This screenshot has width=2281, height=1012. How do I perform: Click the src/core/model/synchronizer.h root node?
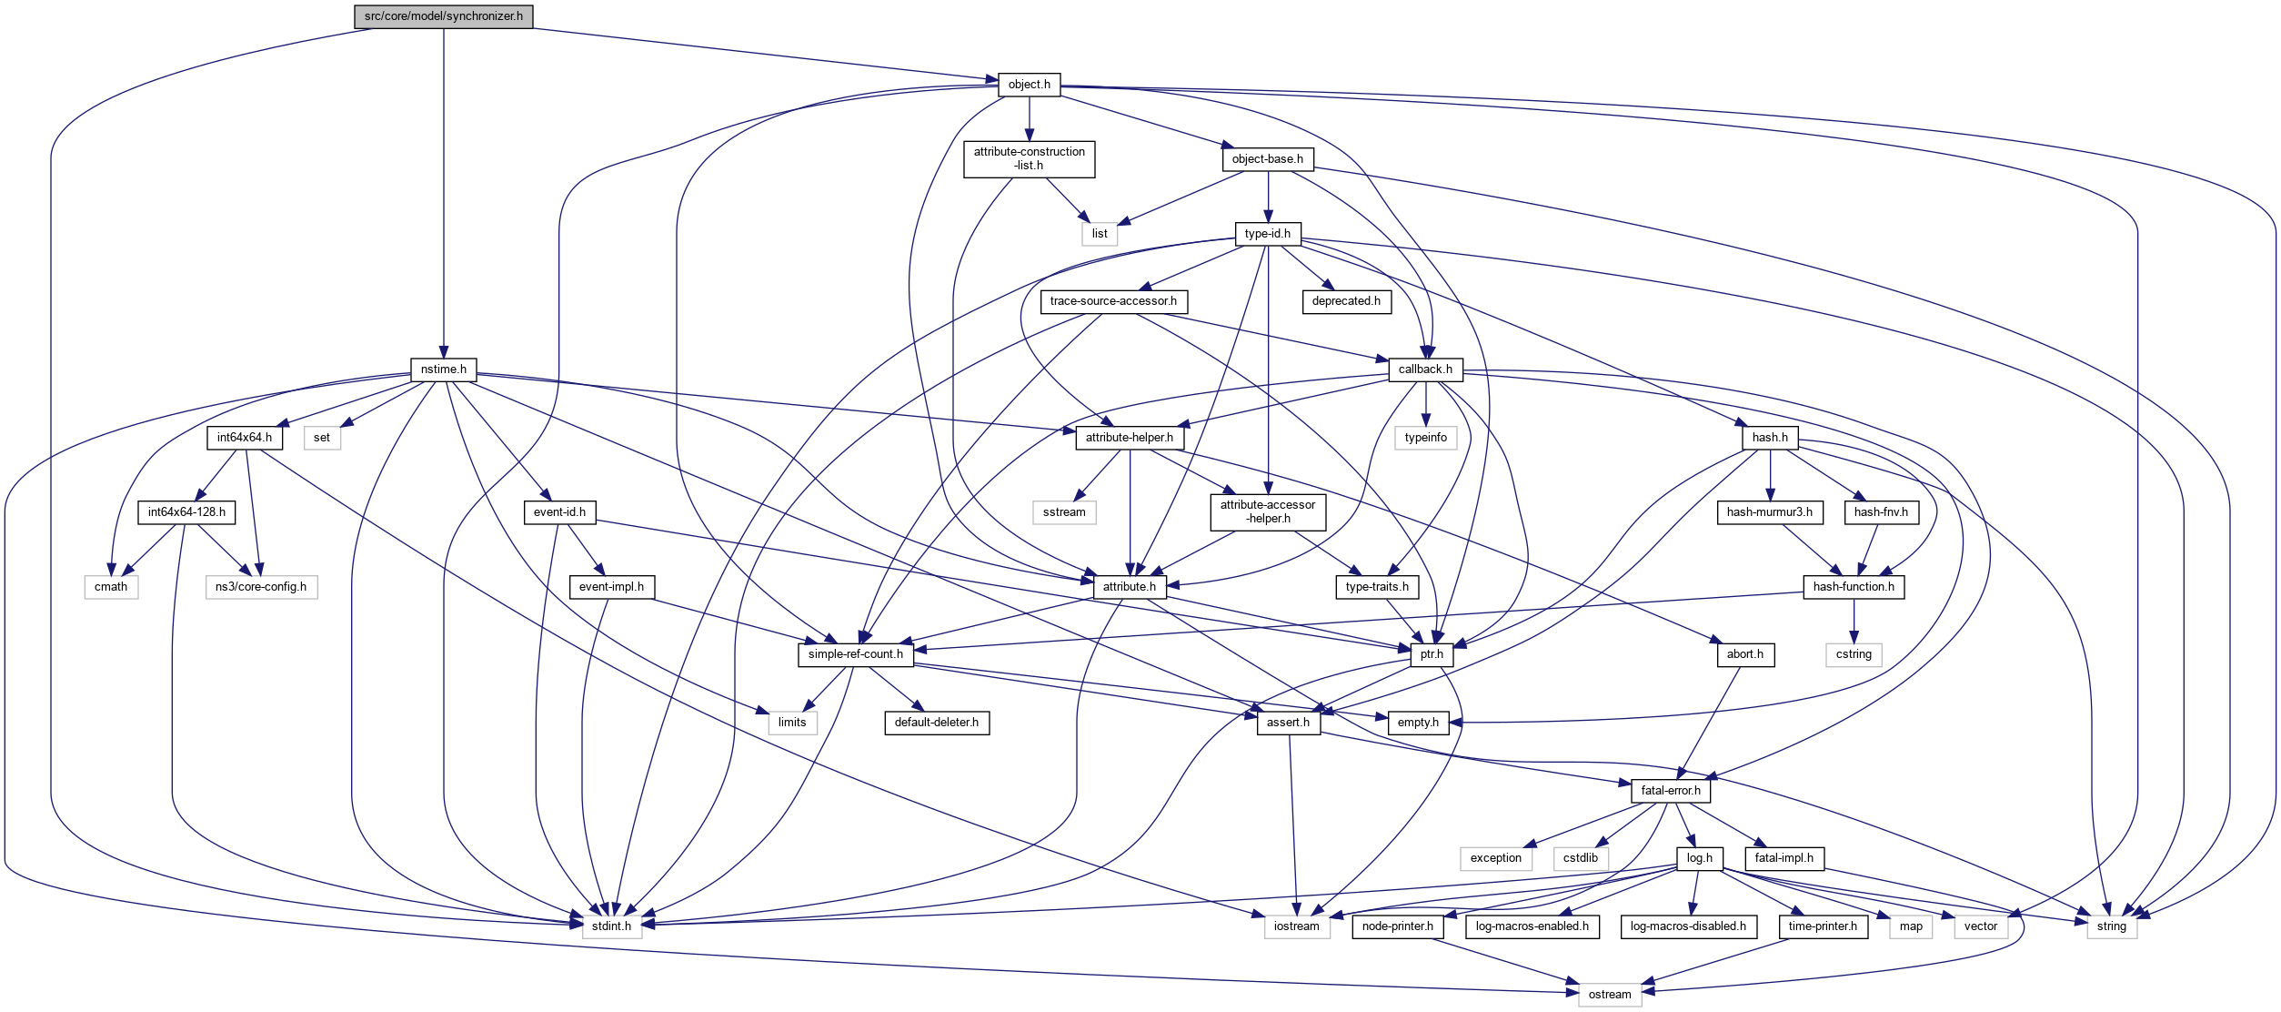coord(443,16)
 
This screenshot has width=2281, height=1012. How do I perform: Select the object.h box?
coord(1029,85)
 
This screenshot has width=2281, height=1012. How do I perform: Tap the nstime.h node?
coord(443,369)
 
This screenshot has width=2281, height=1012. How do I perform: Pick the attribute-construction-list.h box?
coord(1029,158)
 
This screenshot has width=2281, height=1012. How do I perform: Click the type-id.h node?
coord(1267,234)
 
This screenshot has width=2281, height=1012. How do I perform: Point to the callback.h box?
coord(1425,369)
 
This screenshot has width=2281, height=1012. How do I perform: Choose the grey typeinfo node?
coord(1425,438)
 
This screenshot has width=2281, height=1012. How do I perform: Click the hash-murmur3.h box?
coord(1769,512)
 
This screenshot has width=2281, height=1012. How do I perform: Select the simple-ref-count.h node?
coord(855,654)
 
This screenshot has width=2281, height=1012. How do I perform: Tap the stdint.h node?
coord(611,926)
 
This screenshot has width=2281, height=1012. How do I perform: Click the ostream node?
coord(1609,995)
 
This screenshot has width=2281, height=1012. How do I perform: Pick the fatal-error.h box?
coord(1671,791)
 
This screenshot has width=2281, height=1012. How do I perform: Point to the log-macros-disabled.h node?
coord(1688,926)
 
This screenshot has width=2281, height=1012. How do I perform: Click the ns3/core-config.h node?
coord(261,587)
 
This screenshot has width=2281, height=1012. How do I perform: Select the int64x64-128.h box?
coord(186,512)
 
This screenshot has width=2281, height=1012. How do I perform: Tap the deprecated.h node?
coord(1346,301)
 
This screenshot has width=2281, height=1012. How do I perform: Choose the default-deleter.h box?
coord(937,723)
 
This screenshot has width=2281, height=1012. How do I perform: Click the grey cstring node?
coord(1854,654)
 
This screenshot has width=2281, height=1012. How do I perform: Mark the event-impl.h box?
coord(611,587)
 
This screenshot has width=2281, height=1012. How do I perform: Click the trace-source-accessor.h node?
coord(1113,301)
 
